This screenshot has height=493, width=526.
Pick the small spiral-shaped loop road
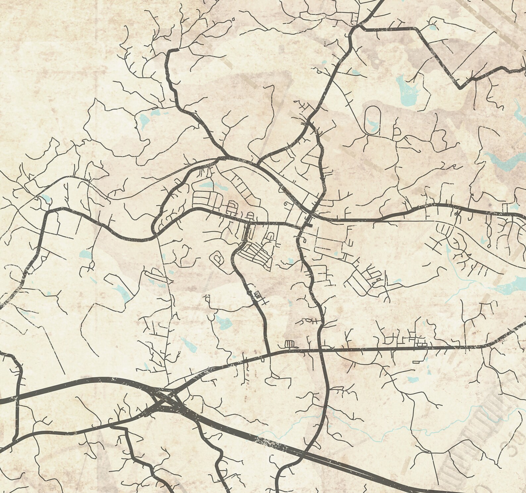click(218, 258)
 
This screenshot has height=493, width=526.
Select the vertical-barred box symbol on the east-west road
click(290, 344)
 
